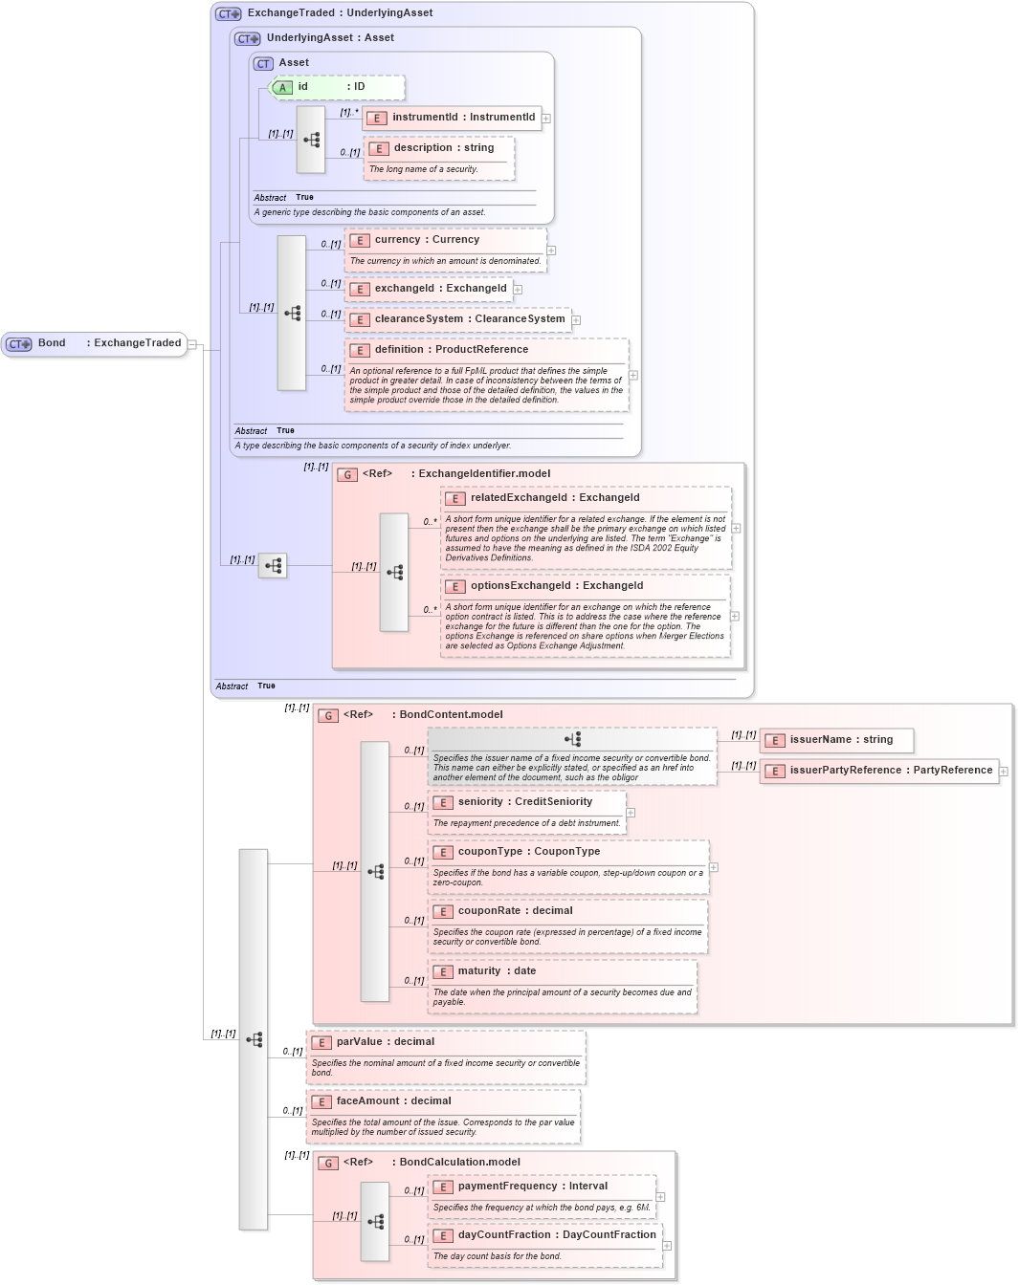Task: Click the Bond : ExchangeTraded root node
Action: pos(96,343)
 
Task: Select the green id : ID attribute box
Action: pos(338,87)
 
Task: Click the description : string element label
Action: pos(443,148)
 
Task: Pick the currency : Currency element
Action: pos(426,240)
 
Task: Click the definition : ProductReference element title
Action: pos(451,350)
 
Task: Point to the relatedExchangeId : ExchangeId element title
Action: pos(554,498)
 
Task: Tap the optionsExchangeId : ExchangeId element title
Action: pos(556,586)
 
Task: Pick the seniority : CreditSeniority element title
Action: pos(524,802)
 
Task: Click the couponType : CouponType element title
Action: pos(528,852)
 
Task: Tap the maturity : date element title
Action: pos(496,971)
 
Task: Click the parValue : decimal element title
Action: pos(385,1042)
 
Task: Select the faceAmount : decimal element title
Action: pos(393,1101)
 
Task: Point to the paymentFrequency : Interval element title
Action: pos(532,1187)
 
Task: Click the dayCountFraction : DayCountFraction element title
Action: pos(556,1235)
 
